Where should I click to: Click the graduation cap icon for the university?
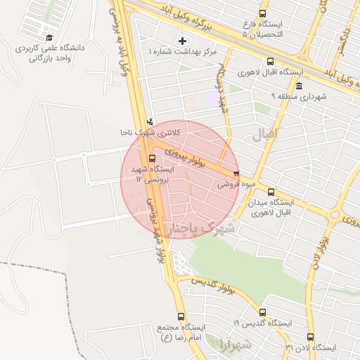(49, 37)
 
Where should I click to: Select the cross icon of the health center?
(184, 41)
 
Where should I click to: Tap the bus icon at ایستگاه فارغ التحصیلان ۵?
(263, 13)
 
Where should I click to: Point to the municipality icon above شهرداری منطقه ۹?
(300, 86)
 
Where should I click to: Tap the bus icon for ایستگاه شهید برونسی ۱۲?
(153, 158)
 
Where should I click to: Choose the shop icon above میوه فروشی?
(236, 174)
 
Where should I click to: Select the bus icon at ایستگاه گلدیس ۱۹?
(262, 312)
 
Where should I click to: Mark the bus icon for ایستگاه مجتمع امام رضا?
(181, 316)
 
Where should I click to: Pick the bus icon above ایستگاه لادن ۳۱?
(311, 337)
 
